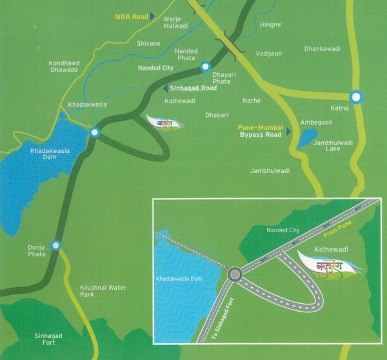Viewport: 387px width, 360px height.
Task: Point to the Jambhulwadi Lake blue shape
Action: click(x=307, y=137)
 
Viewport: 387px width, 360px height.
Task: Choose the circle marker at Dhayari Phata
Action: click(x=205, y=66)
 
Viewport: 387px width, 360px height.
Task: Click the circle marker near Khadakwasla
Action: click(x=95, y=132)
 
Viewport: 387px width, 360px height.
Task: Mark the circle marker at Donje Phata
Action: click(x=57, y=245)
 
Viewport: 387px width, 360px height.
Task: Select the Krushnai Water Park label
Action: click(x=99, y=289)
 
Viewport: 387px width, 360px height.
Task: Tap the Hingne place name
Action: click(x=270, y=25)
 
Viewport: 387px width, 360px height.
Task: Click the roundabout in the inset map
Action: click(x=235, y=275)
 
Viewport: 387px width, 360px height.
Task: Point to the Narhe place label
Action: click(x=251, y=101)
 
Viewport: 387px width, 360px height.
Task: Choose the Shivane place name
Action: click(x=149, y=43)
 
